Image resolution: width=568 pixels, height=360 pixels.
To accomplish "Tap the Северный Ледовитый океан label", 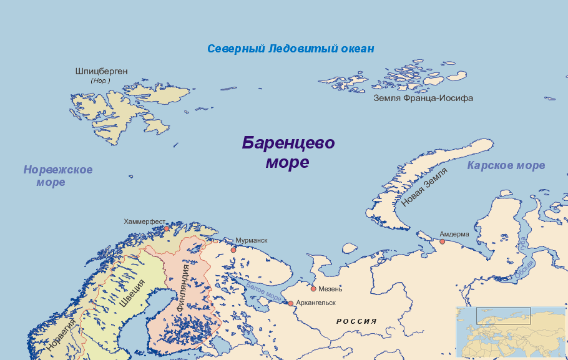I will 291,49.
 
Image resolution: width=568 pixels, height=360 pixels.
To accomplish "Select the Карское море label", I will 506,165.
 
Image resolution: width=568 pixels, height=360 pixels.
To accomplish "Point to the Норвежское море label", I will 57,176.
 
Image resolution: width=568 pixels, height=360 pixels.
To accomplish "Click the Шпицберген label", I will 101,71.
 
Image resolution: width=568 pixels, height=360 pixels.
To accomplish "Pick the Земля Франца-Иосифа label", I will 423,98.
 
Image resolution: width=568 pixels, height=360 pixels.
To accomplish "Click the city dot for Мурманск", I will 233,250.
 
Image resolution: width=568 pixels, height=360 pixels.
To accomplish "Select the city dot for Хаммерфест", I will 167,229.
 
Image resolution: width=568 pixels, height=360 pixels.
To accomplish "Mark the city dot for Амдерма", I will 442,241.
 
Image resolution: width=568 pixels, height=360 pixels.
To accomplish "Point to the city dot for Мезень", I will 313,289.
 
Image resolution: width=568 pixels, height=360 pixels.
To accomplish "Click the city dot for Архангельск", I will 290,303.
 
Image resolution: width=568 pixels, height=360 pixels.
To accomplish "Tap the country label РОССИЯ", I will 356,321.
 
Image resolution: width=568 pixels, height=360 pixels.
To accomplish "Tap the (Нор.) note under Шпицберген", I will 100,81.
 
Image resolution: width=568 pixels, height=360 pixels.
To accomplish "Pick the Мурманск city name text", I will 251,240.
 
